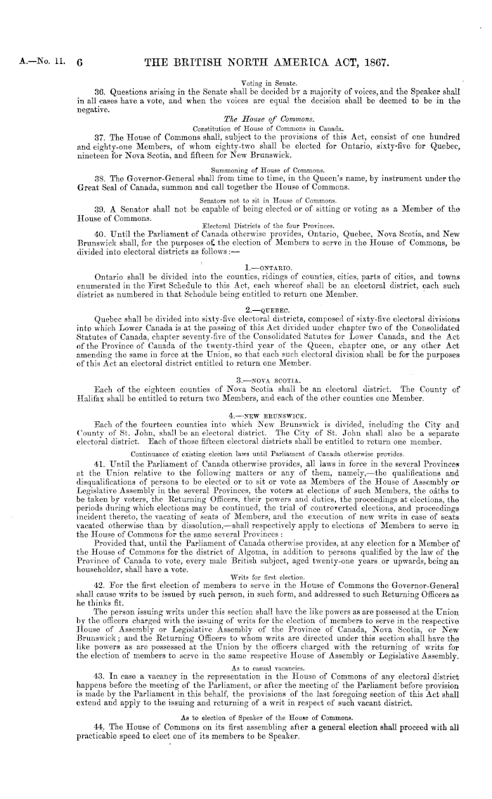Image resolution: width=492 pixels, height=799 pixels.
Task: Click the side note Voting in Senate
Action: (255, 82)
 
